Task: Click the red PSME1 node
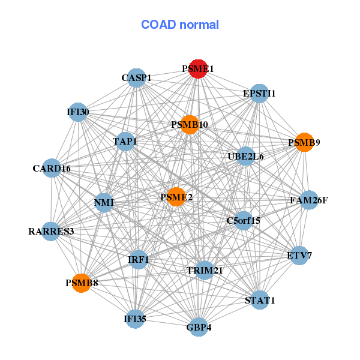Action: pos(198,69)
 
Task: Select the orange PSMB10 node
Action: pos(190,125)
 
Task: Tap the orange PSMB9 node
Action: pos(304,142)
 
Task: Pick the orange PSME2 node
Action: pos(176,197)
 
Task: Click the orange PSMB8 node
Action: pos(81,283)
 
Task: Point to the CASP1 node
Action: pos(136,78)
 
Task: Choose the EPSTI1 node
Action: pos(259,94)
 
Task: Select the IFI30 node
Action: pos(78,112)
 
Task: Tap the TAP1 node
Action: pos(125,142)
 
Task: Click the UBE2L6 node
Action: pos(245,157)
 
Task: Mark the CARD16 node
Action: pos(52,168)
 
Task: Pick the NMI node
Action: pos(104,203)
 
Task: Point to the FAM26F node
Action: pos(309,200)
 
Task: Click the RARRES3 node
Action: pos(51,232)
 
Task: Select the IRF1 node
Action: pos(139,260)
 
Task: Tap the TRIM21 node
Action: pos(204,270)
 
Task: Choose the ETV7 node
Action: pos(299,256)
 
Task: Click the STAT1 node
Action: pos(259,300)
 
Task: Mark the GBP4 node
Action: pos(199,327)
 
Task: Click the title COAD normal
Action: pos(180,25)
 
